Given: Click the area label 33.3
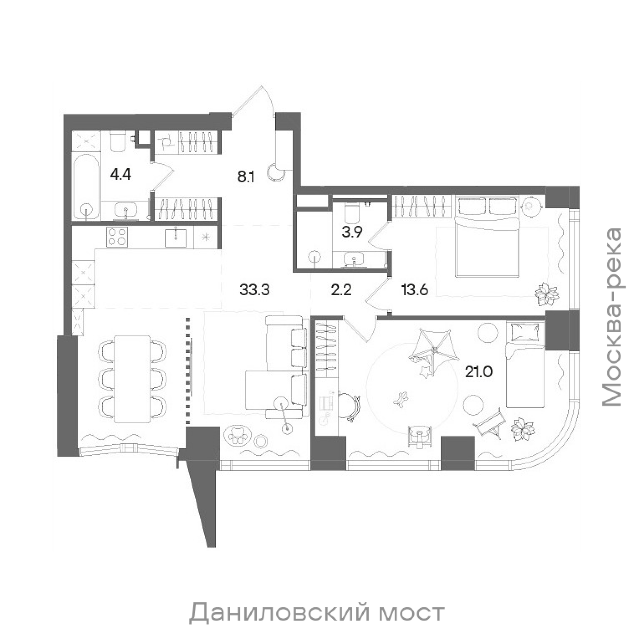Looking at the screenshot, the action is [x=255, y=290].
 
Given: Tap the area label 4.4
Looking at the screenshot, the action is [x=120, y=175].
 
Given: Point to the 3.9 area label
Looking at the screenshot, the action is [x=352, y=232].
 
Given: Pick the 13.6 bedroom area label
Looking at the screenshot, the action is [x=415, y=290].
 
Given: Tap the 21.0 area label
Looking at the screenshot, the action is [x=479, y=372].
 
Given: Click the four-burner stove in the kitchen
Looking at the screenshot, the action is [x=117, y=237].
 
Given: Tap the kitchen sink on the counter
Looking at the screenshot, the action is [x=176, y=237].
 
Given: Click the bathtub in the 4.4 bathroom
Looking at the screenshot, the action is [x=86, y=187].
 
